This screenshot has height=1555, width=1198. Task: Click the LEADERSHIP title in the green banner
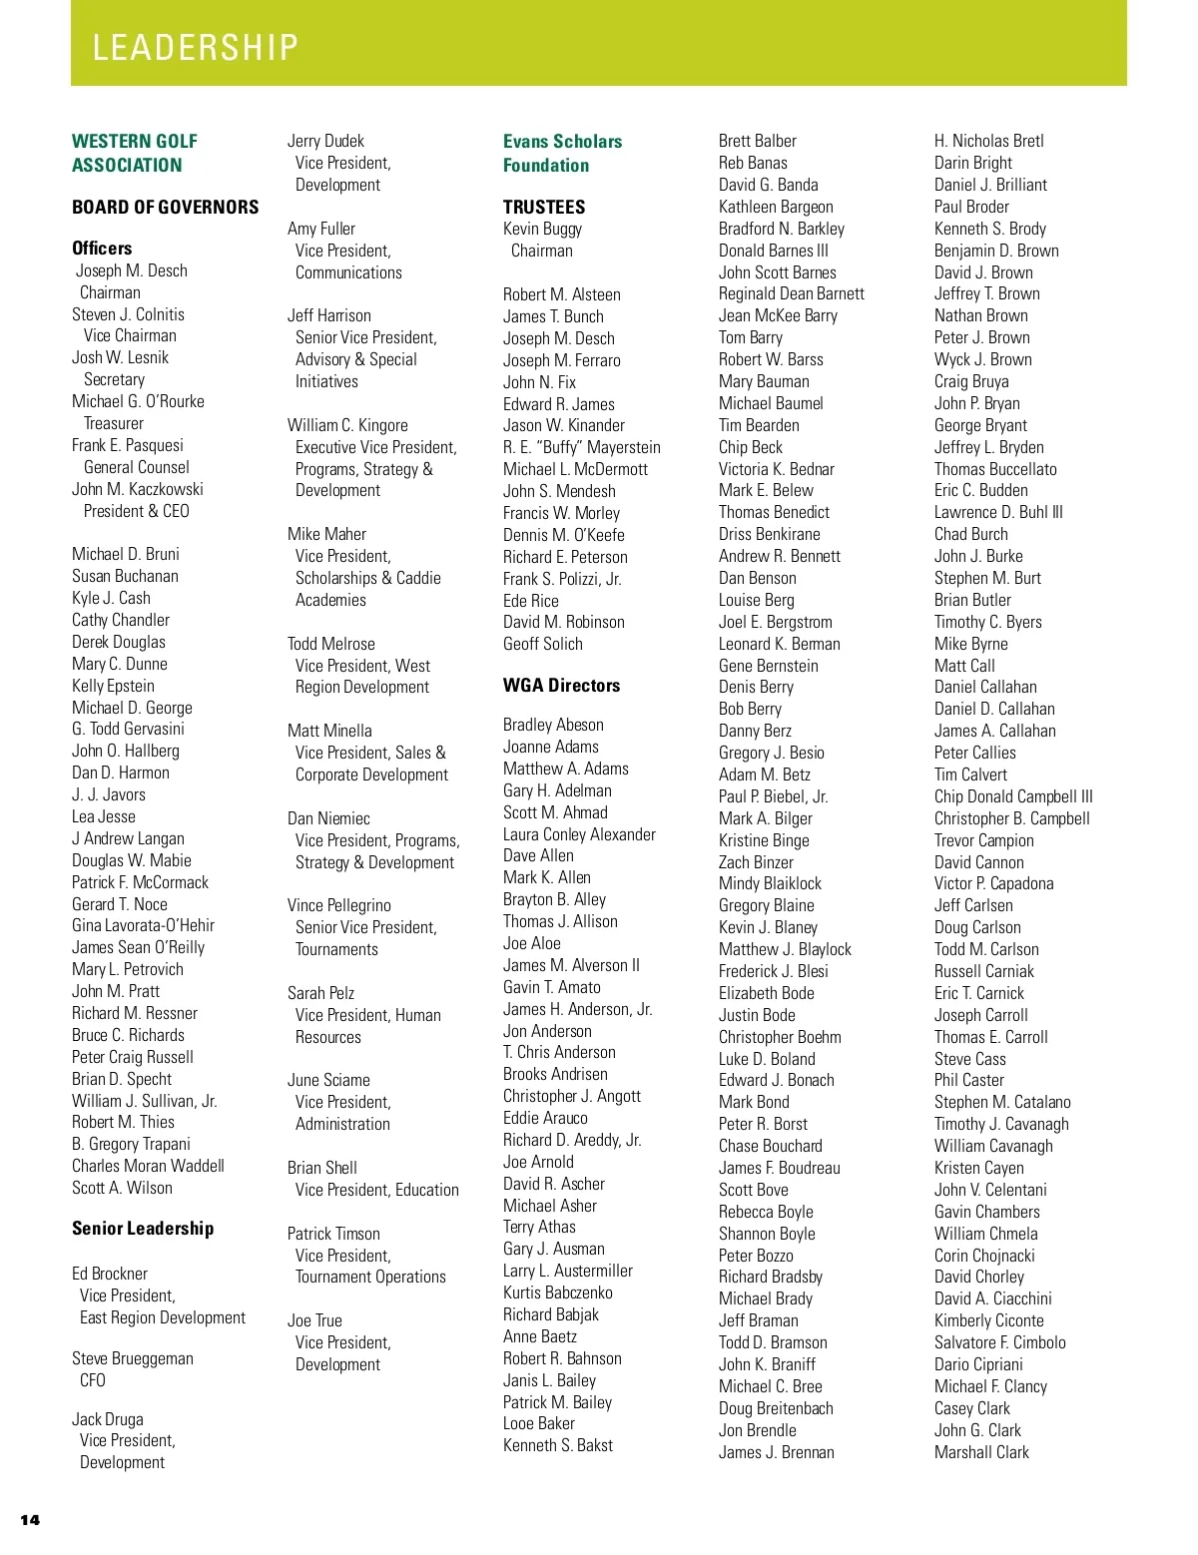(x=196, y=47)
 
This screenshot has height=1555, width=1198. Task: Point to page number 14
(x=30, y=1520)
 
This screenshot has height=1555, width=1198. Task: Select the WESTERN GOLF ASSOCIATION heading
(x=135, y=153)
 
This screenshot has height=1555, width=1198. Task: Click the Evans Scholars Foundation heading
(x=562, y=153)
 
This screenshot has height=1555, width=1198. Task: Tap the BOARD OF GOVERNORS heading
(x=165, y=207)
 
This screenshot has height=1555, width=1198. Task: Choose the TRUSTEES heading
(x=544, y=207)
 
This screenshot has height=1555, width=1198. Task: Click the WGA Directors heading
(x=561, y=685)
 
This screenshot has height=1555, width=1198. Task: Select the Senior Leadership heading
(x=143, y=1228)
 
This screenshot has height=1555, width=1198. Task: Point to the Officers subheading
(x=102, y=248)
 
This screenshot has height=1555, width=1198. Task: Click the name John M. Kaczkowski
(x=138, y=489)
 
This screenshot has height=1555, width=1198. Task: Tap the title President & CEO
(x=136, y=511)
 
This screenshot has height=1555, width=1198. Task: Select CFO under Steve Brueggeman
(x=93, y=1380)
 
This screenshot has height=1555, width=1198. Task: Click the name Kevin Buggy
(x=542, y=229)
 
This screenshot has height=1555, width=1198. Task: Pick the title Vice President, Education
(x=377, y=1190)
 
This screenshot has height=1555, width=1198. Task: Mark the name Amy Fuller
(x=321, y=229)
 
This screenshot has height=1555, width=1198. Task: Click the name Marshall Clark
(x=981, y=1452)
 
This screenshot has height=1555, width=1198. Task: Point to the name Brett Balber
(x=758, y=141)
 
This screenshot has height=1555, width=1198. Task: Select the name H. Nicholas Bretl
(x=989, y=141)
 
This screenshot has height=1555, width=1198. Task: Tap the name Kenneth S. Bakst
(x=558, y=1445)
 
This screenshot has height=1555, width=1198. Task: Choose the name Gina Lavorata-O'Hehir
(x=143, y=925)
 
